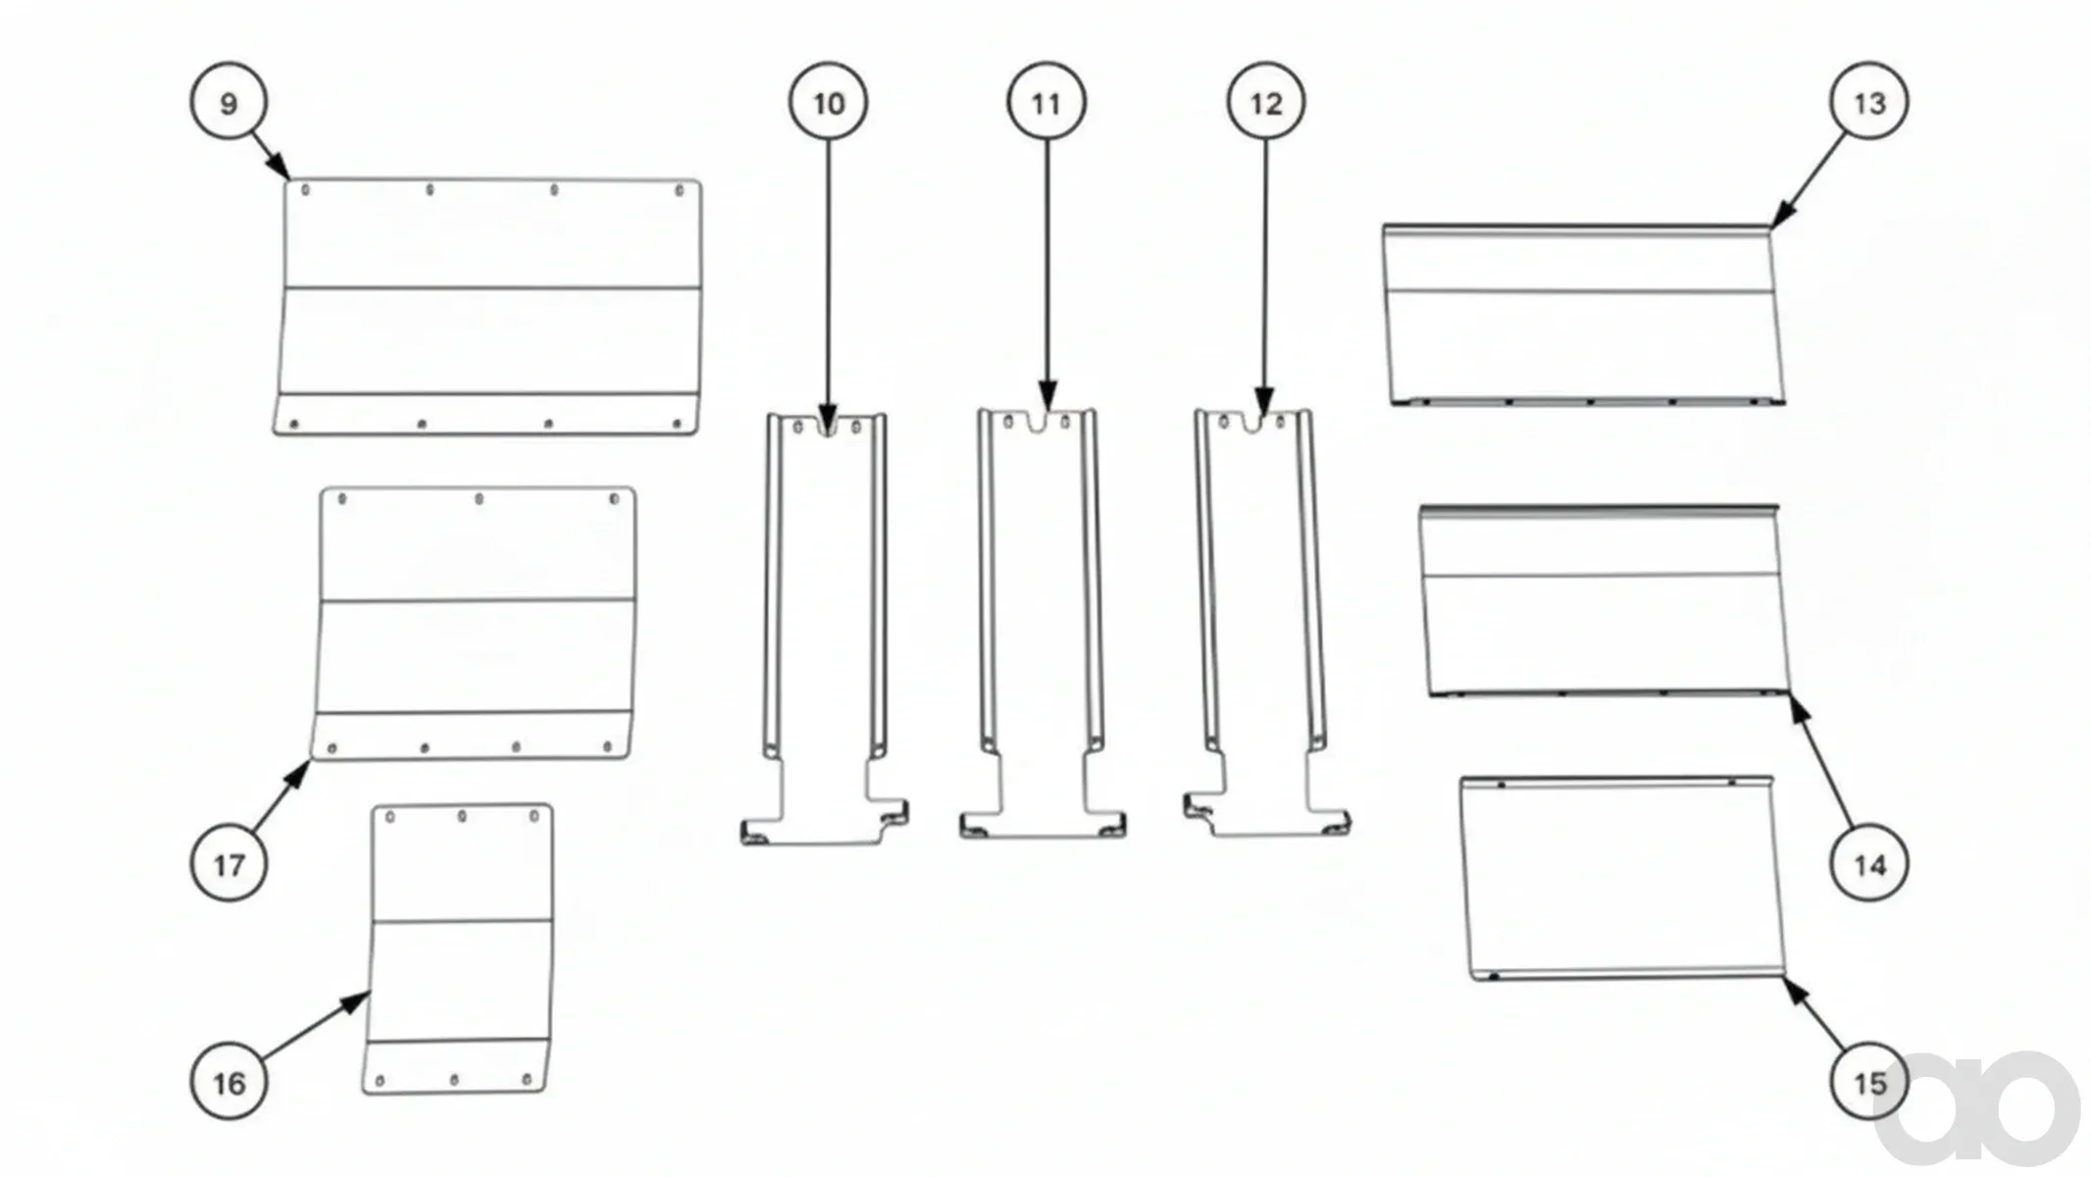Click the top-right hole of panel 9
(680, 190)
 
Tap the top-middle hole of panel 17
(479, 499)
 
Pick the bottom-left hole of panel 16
(381, 1081)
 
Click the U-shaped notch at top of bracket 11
(1047, 422)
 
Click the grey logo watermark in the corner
(1976, 1108)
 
